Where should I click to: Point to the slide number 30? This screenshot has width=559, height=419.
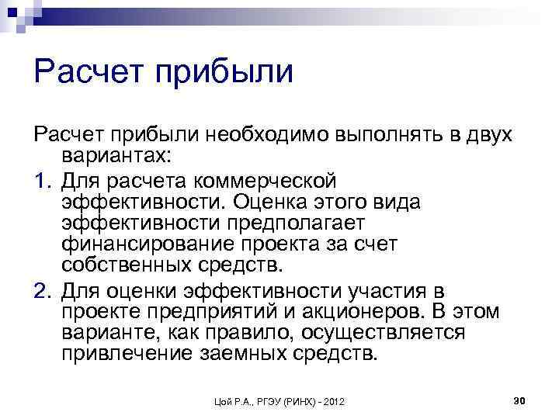[520, 400]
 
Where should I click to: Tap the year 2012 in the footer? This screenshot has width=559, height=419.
[333, 401]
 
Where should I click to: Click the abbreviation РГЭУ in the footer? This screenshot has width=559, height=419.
[252, 401]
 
